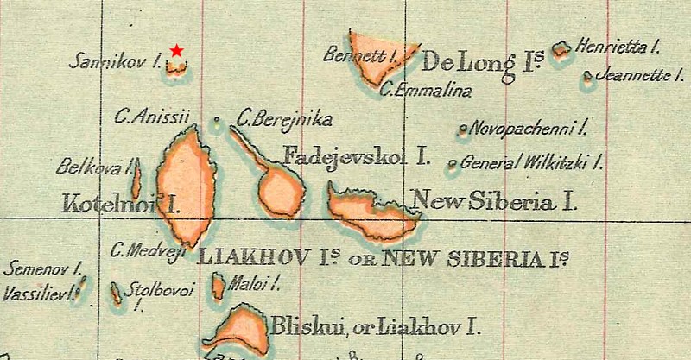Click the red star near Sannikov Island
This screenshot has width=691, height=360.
point(177,51)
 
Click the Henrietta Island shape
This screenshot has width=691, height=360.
point(561,49)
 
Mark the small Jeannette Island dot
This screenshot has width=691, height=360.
point(588,76)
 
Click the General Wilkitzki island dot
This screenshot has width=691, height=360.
point(451,163)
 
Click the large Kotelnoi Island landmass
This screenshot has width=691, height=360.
point(185,186)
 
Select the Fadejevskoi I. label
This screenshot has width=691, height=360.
point(357,156)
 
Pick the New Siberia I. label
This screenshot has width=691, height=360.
point(495,202)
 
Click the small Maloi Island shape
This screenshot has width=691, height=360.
point(219,286)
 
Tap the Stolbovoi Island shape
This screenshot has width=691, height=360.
point(116,294)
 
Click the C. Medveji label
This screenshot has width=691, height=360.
point(149,250)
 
